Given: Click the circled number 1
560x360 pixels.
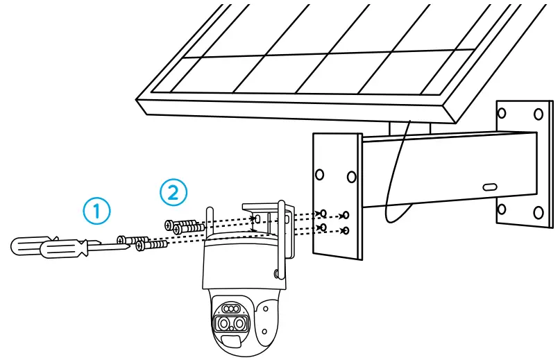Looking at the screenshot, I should coord(97,210).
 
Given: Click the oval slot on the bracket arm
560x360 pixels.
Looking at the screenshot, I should coord(489,187).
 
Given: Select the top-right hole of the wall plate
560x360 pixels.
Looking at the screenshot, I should coord(538,113).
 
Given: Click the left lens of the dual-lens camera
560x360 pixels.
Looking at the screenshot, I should coord(223,324).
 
